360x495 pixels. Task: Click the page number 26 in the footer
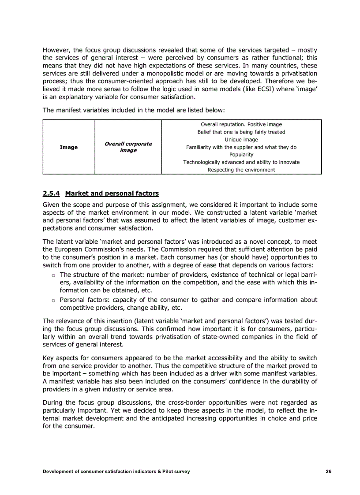coord(328,471)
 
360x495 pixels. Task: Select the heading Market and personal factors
coord(112,194)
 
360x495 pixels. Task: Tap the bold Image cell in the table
coord(68,147)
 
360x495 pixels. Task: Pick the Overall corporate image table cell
coord(128,147)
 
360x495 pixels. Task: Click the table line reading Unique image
coord(241,140)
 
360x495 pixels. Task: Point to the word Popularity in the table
coord(241,155)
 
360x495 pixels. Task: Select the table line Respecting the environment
coord(241,170)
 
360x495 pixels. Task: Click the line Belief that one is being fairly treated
coord(241,132)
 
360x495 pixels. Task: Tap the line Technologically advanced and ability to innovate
coord(241,162)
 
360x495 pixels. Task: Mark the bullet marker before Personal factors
coord(53,300)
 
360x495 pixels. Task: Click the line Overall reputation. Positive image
coord(241,124)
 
